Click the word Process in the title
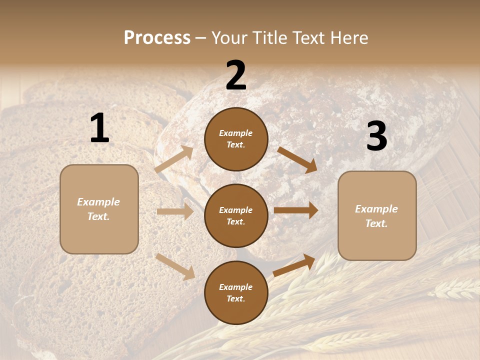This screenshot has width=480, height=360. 157,37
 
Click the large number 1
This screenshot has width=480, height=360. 99,128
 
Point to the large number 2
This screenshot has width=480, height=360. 236,75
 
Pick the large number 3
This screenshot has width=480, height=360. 376,136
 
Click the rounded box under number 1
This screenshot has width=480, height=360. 99,209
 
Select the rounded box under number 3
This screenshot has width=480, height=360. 377,215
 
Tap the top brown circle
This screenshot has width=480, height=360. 236,139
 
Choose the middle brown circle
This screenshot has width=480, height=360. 236,215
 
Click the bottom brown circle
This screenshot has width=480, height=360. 236,292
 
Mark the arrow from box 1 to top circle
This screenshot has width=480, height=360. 174,159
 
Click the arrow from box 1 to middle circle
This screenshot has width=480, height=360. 175,211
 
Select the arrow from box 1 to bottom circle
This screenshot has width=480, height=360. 175,266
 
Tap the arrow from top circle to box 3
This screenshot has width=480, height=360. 297,159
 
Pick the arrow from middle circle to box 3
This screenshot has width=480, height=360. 296,210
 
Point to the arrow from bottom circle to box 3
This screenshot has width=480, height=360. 294,265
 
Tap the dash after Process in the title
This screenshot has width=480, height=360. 201,38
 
